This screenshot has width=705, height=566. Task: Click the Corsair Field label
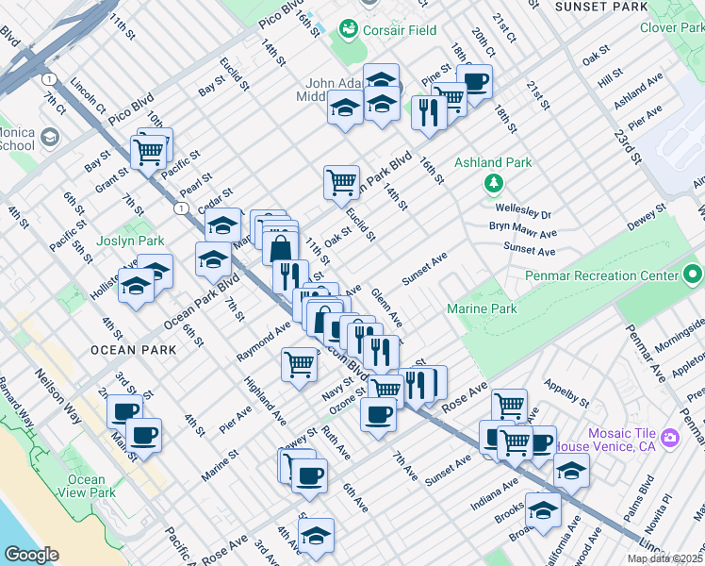[x=402, y=30]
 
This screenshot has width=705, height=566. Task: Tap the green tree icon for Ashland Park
[x=492, y=182]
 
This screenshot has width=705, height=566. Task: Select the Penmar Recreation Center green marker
[x=693, y=275]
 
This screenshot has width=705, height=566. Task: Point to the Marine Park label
[x=482, y=308]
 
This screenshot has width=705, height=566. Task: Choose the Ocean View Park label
[x=87, y=486]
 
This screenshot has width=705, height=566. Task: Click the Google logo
[x=31, y=555]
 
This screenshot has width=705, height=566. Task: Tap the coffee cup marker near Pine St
[x=474, y=80]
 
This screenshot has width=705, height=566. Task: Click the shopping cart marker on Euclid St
[x=341, y=181]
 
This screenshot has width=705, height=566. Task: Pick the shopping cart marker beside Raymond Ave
[x=300, y=364]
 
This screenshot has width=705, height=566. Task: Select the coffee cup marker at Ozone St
[x=378, y=413]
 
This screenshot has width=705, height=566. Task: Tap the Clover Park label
[x=672, y=28]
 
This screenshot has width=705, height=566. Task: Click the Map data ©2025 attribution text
[x=664, y=558]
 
